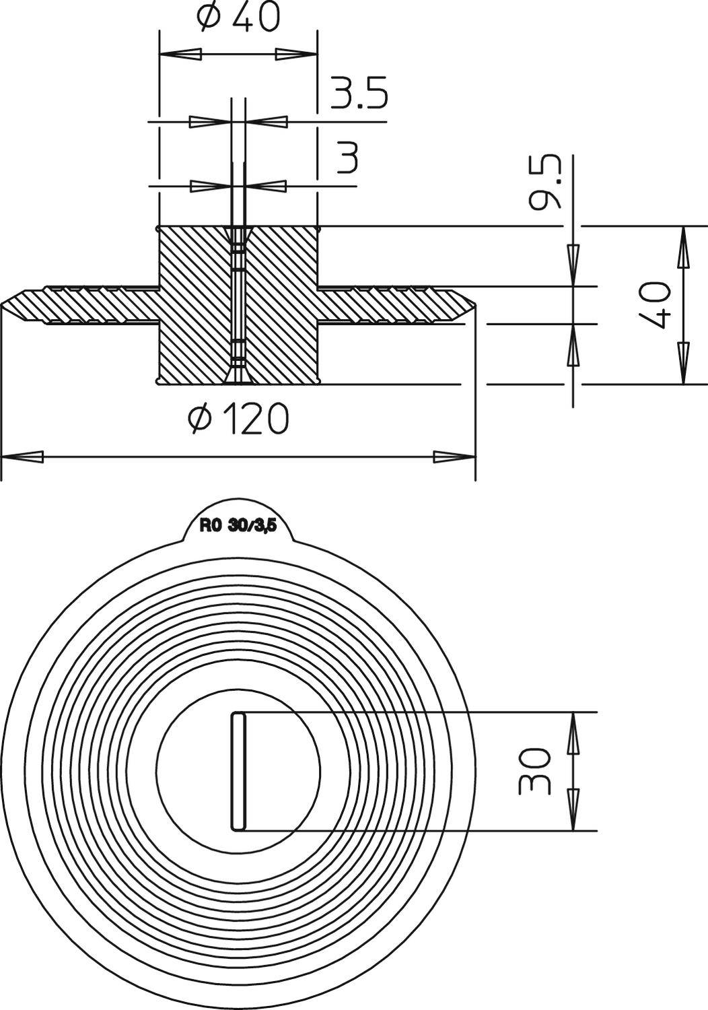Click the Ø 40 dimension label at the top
point(238,17)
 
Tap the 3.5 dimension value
point(359,94)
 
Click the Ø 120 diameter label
point(238,418)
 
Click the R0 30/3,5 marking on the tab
point(238,527)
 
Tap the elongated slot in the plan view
point(239,771)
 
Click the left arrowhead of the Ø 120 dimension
point(22,457)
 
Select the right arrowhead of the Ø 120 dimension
point(454,457)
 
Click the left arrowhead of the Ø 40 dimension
point(180,55)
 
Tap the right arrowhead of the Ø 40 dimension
point(297,55)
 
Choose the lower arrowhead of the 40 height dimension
point(684,363)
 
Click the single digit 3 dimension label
point(347,156)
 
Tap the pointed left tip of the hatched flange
point(2,306)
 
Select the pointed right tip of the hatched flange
point(475,306)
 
